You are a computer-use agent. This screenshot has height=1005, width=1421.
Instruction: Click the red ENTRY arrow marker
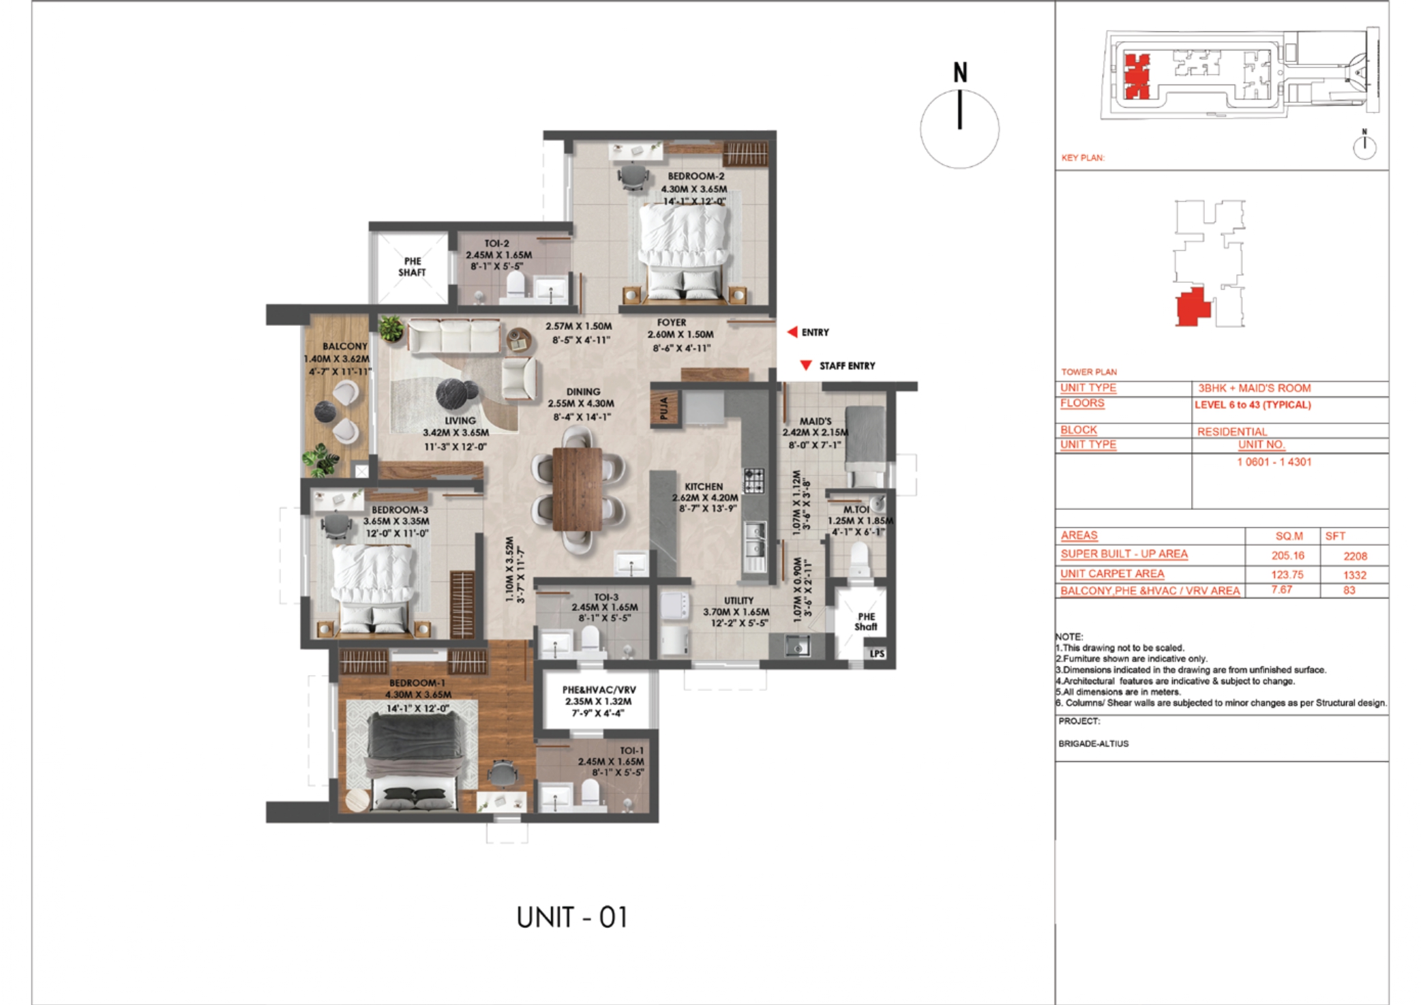coord(792,332)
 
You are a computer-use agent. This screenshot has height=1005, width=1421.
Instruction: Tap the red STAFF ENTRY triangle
coord(806,365)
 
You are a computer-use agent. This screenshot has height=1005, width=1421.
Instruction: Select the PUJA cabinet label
coord(665,409)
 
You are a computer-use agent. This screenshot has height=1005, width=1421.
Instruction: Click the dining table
coord(577,488)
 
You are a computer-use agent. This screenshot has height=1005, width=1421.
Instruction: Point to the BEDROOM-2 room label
coord(695,176)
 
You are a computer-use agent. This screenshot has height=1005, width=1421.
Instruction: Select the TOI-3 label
coord(605,597)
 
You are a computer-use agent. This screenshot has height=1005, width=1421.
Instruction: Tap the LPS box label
coord(877,653)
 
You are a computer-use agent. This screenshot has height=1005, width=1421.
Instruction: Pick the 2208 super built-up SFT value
coord(1355,556)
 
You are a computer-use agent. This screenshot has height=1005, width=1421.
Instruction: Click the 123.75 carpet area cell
coord(1287,574)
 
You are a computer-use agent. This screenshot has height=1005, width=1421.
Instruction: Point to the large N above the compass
coord(960,73)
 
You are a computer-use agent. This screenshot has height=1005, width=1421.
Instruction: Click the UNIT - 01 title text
coord(572,917)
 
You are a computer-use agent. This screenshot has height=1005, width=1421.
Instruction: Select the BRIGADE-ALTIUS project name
coord(1093,743)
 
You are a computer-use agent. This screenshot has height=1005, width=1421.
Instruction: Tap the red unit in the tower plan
coord(1191,307)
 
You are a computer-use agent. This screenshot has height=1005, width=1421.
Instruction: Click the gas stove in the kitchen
coord(753,480)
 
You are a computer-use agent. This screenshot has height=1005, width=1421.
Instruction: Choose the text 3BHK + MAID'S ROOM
coord(1254,388)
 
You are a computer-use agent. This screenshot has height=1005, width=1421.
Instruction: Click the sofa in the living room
coord(455,337)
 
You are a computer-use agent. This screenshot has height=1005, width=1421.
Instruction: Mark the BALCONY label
coord(344,346)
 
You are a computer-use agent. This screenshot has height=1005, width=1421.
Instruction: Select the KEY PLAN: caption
coord(1082,157)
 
